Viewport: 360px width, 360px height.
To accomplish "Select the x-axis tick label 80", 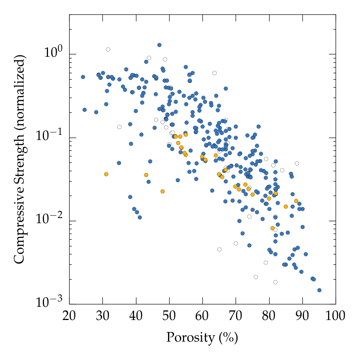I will pyautogui.click(x=269, y=318).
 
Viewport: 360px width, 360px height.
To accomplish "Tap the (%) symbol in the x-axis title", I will pyautogui.click(x=228, y=338).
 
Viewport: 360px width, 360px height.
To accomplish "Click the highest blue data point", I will pyautogui.click(x=159, y=45).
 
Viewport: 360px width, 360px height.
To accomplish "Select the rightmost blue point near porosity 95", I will pyautogui.click(x=319, y=290).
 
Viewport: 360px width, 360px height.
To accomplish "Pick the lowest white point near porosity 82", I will pyautogui.click(x=275, y=282).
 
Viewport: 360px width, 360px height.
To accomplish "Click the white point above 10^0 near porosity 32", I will pyautogui.click(x=108, y=49).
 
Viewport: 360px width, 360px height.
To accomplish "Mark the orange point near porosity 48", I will pyautogui.click(x=162, y=191).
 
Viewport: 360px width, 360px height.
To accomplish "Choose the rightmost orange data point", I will pyautogui.click(x=296, y=201).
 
